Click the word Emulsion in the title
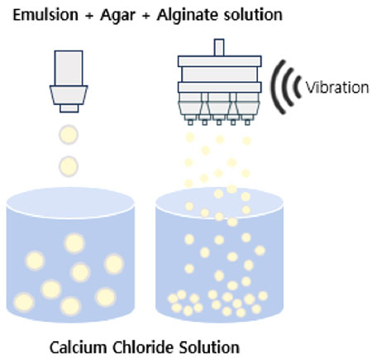coord(45,15)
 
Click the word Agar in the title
coord(117,16)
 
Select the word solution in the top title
coord(253,15)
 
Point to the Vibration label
coord(337,88)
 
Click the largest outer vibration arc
coord(274,87)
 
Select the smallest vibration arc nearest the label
coord(297,87)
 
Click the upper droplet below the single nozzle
coord(69,135)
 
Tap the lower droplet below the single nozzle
coord(69,166)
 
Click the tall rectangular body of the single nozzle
coord(69,68)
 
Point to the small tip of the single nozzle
coord(69,108)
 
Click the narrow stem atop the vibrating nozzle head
coord(219,47)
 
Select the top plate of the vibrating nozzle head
coord(220,61)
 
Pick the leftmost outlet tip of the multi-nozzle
coord(190,122)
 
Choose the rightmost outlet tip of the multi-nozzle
coord(247,122)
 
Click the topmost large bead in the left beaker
coord(74,243)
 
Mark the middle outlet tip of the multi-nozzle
coord(219,122)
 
